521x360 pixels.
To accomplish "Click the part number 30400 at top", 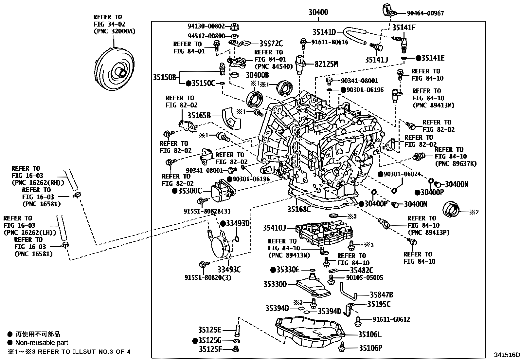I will point(318,13).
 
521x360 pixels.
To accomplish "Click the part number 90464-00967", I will point(425,13).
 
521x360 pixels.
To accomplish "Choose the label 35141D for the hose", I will point(324,32).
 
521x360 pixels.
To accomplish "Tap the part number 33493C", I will point(229,270).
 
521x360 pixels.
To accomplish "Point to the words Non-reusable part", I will point(42,343).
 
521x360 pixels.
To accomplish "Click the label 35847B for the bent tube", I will point(381,294).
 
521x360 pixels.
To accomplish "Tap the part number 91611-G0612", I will point(391,319).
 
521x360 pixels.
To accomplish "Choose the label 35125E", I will point(209,330).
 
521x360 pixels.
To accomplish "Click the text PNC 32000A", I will point(114,31).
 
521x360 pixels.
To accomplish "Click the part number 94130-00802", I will point(206,27).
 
